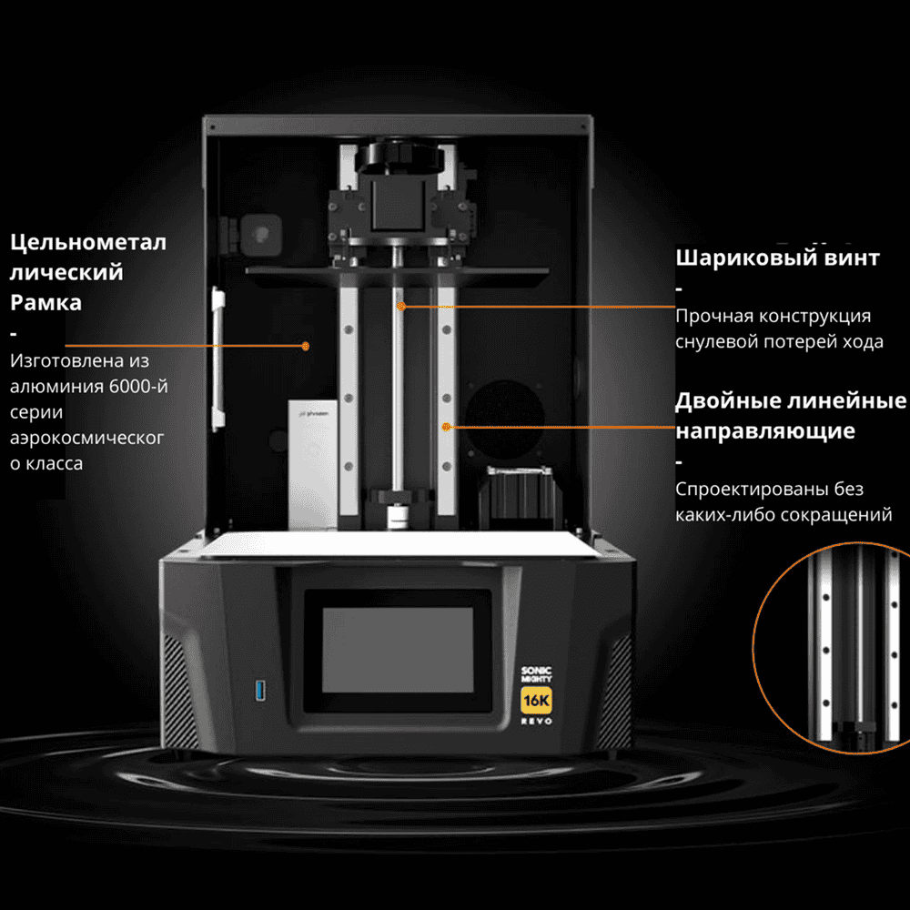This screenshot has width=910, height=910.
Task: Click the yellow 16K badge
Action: click(536, 701)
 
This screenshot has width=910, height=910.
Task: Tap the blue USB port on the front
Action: click(260, 691)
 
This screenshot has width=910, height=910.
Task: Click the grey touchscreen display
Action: click(399, 650)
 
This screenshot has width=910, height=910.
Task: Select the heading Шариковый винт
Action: click(777, 258)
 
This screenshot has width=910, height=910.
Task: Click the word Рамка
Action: click(45, 302)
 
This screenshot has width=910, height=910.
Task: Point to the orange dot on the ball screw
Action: click(401, 306)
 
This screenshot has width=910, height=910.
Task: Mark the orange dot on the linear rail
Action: click(446, 427)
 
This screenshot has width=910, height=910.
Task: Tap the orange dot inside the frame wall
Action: click(305, 346)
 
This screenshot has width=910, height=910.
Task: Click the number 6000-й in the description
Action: click(138, 386)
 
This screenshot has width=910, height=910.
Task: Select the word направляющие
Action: click(765, 431)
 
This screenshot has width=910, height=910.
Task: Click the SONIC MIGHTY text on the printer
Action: click(536, 674)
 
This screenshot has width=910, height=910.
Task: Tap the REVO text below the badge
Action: click(536, 722)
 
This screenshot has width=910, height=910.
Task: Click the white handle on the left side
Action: click(217, 359)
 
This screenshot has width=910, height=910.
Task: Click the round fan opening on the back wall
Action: click(504, 419)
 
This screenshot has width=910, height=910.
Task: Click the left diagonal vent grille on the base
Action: click(178, 691)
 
